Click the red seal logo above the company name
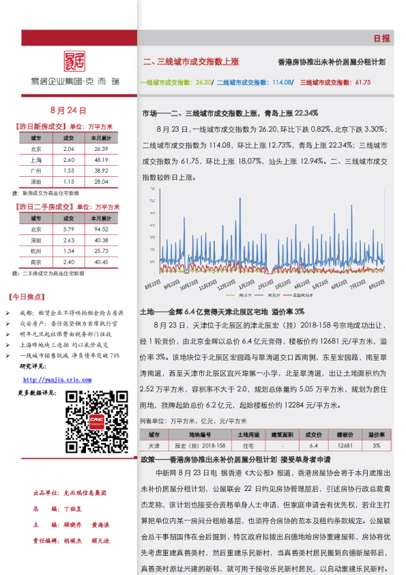point(72,64)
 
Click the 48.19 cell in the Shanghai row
point(101,159)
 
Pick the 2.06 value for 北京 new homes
point(68,148)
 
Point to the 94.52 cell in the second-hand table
point(101,229)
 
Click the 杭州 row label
point(36,251)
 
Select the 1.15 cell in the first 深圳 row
point(68,182)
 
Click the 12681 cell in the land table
point(345,445)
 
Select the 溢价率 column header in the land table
point(376,434)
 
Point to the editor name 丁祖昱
point(73,509)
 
